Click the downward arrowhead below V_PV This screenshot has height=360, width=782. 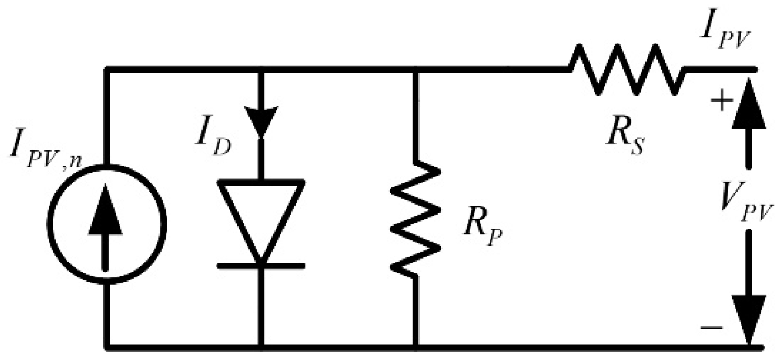(x=749, y=319)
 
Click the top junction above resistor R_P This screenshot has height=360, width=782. (x=416, y=68)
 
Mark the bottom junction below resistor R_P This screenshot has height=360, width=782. (x=416, y=346)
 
